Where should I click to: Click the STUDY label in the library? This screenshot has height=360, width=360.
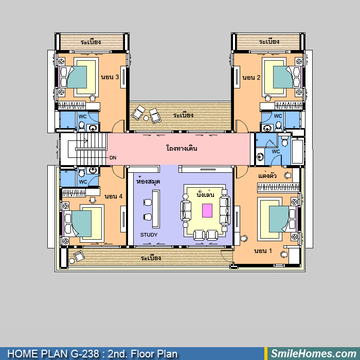(149, 235)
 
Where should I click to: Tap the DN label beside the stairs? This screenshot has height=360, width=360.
(113, 158)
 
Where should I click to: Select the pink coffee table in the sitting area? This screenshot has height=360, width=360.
(207, 210)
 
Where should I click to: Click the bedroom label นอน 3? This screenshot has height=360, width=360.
(110, 77)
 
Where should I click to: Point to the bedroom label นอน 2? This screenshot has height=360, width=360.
(251, 77)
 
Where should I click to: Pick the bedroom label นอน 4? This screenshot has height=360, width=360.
(114, 196)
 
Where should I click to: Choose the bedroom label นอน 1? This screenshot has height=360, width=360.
(263, 251)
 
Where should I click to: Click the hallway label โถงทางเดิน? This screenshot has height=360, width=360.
(182, 148)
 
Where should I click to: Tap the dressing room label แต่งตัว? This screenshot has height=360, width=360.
(267, 176)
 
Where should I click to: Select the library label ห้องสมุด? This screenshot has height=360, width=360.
(148, 182)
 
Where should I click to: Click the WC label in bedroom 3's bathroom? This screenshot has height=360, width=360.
(82, 117)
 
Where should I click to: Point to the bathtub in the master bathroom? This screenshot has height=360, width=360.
(298, 151)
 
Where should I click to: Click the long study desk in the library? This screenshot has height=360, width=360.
(156, 209)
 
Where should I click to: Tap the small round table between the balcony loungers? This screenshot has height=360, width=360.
(146, 118)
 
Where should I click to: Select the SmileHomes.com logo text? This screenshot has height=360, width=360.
(314, 353)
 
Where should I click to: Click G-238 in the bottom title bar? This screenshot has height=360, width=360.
(85, 354)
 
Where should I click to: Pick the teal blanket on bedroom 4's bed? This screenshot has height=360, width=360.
(81, 224)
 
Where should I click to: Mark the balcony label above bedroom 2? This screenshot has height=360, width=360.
(269, 42)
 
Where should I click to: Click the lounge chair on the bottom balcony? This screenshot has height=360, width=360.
(79, 256)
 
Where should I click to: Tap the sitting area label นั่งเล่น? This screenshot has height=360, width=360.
(206, 194)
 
